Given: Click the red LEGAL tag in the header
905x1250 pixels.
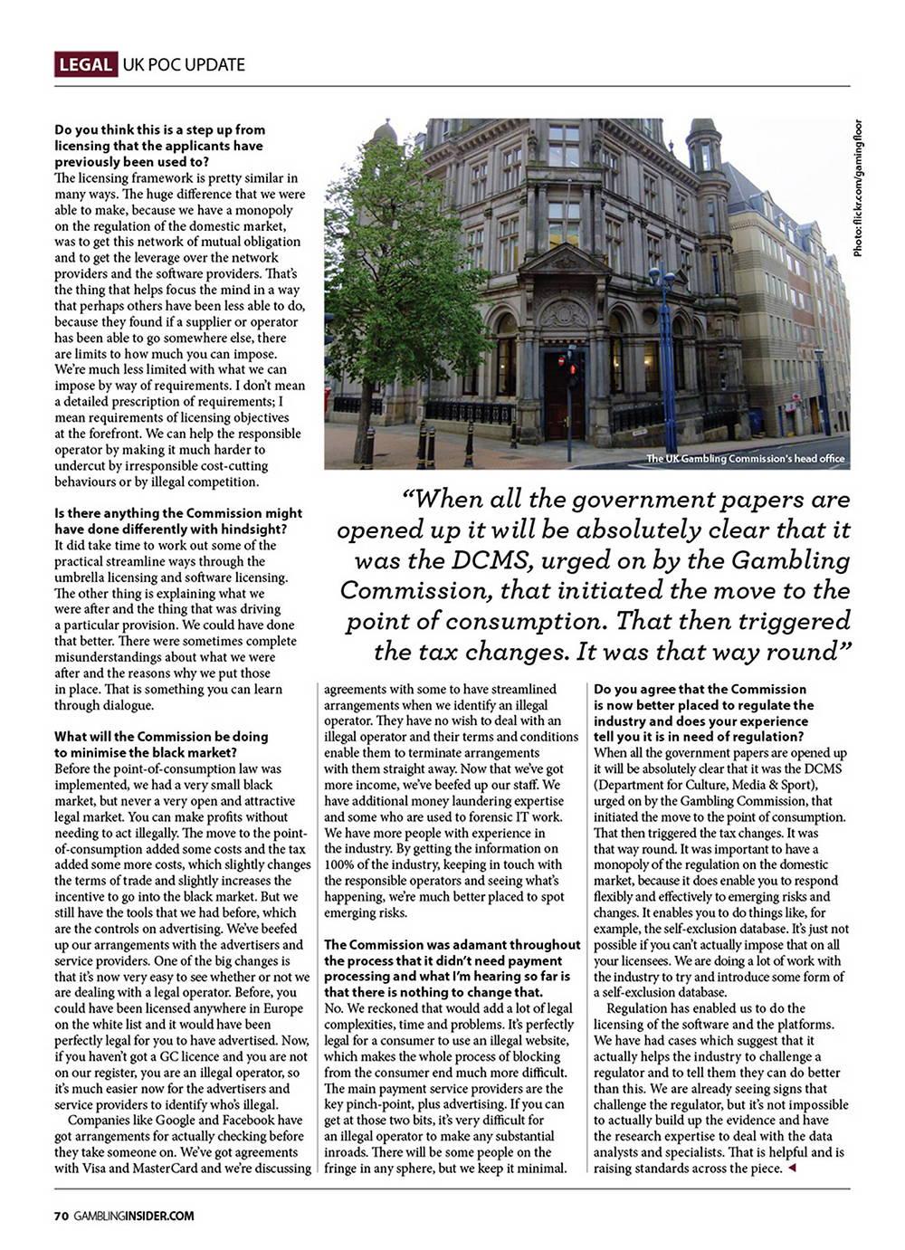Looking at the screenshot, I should pos(86,64).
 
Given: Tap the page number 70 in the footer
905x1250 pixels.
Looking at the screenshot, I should pos(61,1216).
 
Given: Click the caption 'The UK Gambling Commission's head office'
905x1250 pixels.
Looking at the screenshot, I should pos(746,459).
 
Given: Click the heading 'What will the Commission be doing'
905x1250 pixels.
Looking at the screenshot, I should pos(161,736).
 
